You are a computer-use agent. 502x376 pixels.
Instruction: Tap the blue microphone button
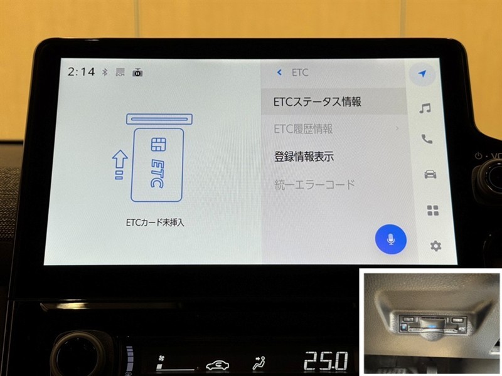coord(390,239)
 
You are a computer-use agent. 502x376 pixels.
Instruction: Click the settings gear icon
coord(435,246)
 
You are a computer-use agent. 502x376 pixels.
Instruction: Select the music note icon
coord(425,108)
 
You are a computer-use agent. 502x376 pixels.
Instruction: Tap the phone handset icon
coord(427,139)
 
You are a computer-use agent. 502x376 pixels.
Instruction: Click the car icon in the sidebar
coord(430,174)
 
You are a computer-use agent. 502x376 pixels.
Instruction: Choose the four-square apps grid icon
coord(433,211)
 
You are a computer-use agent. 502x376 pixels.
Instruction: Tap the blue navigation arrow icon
coord(422,73)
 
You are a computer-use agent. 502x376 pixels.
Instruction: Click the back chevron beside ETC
coord(279,73)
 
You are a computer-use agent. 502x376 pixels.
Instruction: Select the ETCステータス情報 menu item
coord(317,102)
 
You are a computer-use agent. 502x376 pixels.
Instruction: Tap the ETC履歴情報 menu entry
coord(303,129)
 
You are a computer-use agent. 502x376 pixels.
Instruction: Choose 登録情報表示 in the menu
coord(304,156)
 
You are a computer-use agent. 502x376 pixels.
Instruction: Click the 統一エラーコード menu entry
coord(315,184)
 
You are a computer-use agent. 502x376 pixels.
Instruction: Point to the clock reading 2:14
coord(81,71)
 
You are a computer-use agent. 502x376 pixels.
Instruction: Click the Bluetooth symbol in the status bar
coord(105,72)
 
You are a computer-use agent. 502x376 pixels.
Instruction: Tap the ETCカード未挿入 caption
coord(155,222)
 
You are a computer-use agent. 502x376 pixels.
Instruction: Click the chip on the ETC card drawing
coord(159,145)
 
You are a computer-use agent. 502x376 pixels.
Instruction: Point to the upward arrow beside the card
coord(120,164)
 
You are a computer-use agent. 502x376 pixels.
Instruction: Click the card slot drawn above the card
coord(159,119)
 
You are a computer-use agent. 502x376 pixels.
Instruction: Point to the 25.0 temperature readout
coord(326,361)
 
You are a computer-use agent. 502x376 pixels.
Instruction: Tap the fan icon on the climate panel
coord(161,358)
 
